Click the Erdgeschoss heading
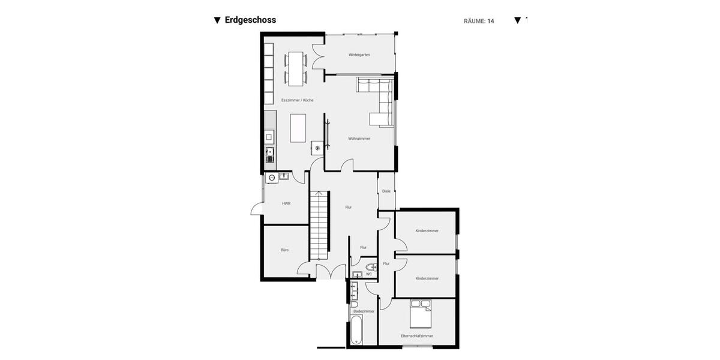click(250, 20)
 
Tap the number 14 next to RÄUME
click(490, 21)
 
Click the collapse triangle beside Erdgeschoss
click(217, 20)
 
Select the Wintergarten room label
click(359, 55)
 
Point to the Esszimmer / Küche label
click(297, 100)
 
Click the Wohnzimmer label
click(359, 139)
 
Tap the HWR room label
click(286, 203)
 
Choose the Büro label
click(284, 250)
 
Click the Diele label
click(386, 191)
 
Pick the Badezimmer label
click(364, 311)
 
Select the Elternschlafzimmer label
click(417, 336)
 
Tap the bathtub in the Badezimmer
click(356, 331)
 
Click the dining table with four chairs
click(296, 67)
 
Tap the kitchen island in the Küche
click(298, 128)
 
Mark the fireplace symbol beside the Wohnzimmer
click(317, 148)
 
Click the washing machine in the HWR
click(271, 178)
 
